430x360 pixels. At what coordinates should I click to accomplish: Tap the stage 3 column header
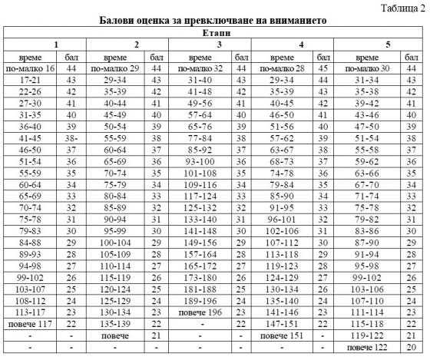[x=219, y=45]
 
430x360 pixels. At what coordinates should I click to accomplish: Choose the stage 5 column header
[x=386, y=45]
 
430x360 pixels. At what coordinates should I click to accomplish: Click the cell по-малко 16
[x=32, y=68]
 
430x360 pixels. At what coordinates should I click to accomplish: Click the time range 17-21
[x=32, y=80]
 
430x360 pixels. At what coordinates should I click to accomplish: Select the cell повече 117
[x=32, y=324]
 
